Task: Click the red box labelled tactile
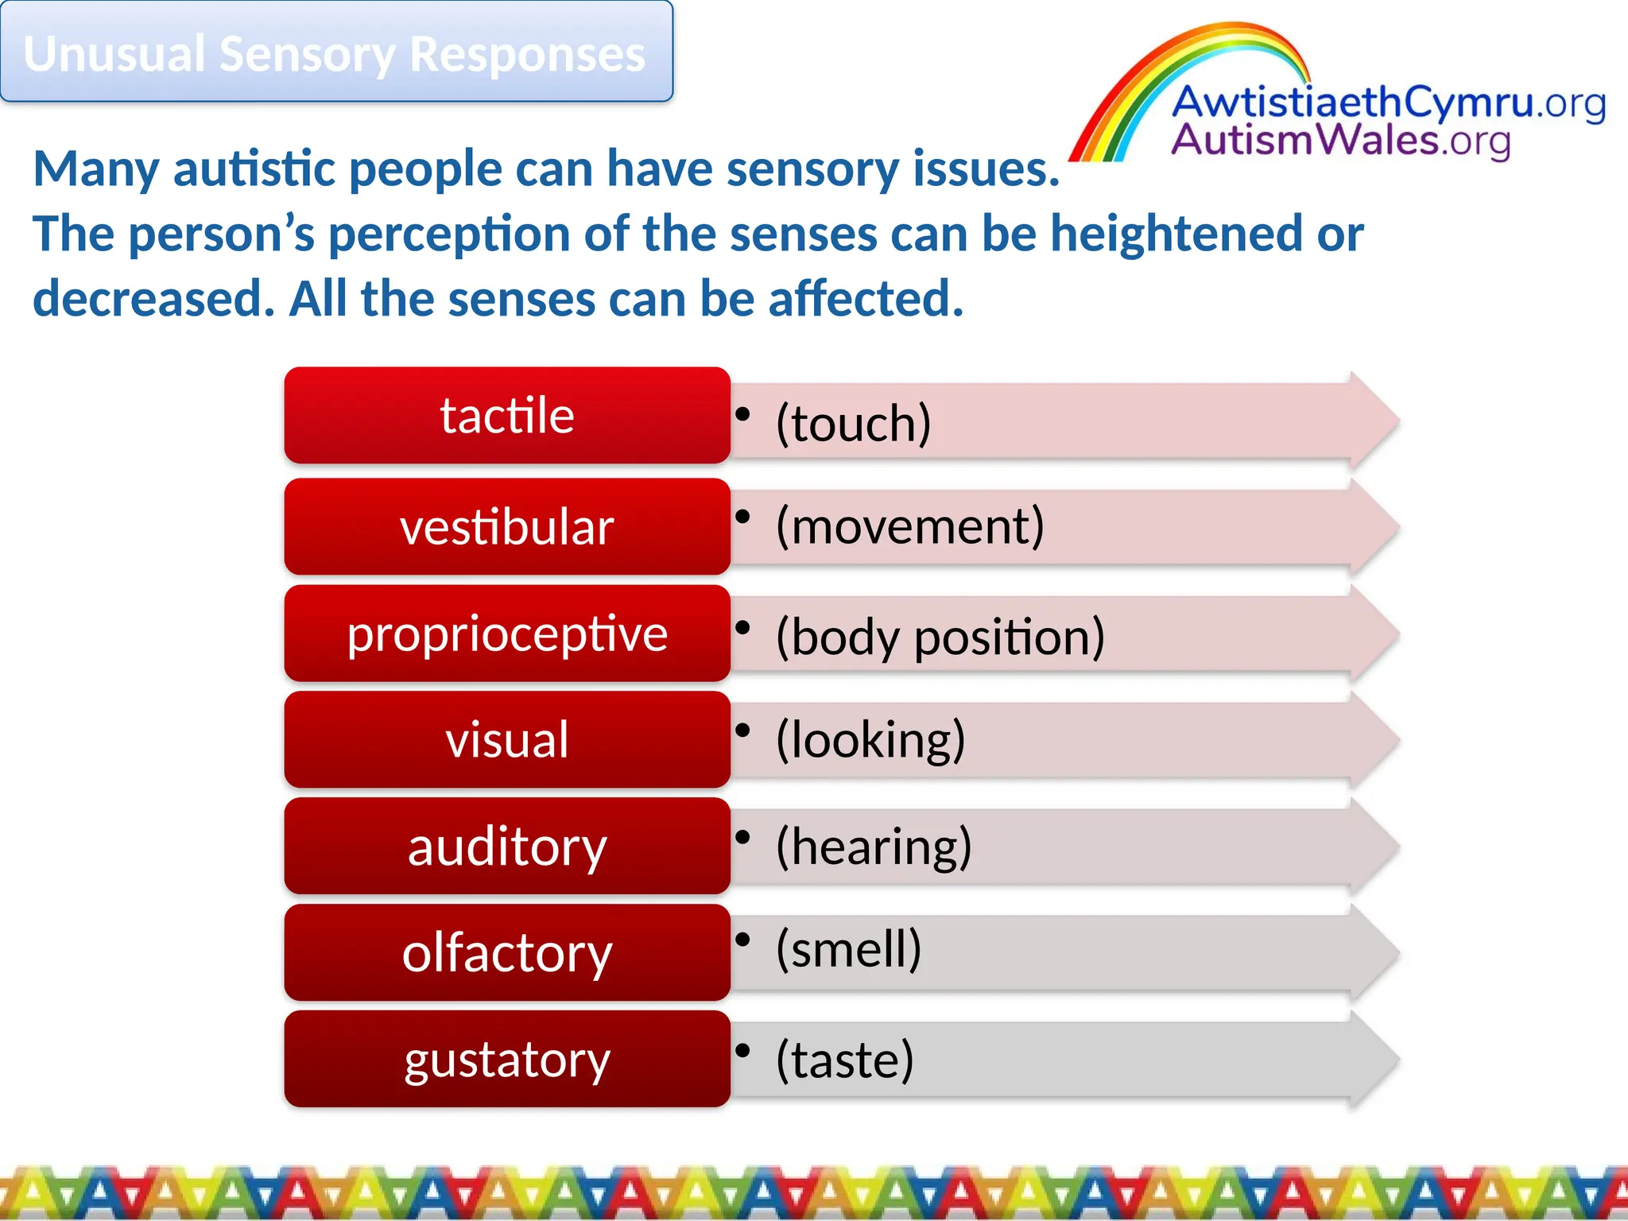(507, 415)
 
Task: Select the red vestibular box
(507, 526)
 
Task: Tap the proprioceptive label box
(507, 634)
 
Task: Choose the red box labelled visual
(507, 739)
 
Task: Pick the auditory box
(507, 846)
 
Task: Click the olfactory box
(507, 952)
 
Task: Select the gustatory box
(507, 1059)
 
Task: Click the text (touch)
(853, 422)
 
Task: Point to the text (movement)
(909, 525)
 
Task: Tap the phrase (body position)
(940, 637)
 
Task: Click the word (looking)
(870, 739)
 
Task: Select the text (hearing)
(874, 846)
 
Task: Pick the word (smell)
(848, 948)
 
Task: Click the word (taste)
(844, 1060)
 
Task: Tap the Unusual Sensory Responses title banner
(335, 52)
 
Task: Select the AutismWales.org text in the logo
(1340, 141)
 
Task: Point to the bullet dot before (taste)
(743, 1050)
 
